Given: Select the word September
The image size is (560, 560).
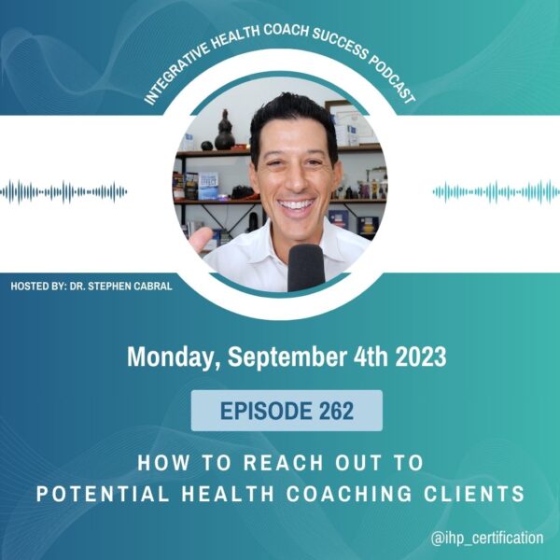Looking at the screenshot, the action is coord(287,357).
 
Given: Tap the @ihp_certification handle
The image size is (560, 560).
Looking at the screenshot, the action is coord(487,538).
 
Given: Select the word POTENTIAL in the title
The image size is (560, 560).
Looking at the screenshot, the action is coord(103,494).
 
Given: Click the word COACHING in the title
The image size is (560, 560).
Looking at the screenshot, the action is coord(349,494).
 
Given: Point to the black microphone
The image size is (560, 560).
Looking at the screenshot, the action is coord(306,268).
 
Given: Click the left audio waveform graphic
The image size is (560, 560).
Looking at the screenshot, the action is coord(63,192).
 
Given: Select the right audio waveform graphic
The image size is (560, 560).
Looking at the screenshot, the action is coord(497,192).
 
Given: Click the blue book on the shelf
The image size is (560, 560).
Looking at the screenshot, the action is coord(208,186).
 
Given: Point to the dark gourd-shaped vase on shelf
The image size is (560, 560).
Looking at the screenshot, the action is coord(224,131).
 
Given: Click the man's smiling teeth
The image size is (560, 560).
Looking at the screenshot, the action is coord(296,205).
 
